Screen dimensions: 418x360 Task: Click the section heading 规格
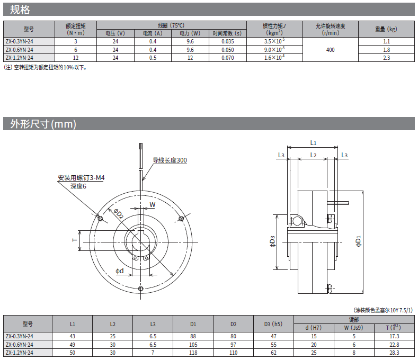coord(20,10)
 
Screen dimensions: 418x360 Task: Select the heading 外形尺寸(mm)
coord(43,124)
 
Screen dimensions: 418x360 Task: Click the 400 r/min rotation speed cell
coord(330,50)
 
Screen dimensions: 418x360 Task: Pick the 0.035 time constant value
coord(228,42)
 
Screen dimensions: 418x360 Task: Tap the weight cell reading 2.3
coord(386,58)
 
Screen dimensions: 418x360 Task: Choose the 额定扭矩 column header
coord(76,29)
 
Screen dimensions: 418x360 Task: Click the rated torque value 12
coord(76,58)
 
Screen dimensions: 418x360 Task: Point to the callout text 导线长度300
coord(170,160)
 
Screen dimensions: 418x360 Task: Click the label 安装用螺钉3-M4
coord(81,178)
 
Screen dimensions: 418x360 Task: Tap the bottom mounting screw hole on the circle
coord(141,289)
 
